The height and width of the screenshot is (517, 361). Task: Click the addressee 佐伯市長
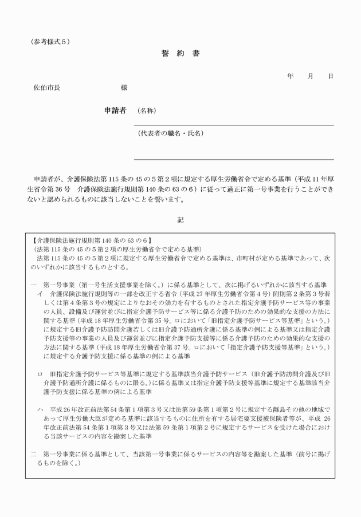tap(46, 88)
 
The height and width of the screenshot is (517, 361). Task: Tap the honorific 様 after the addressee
tap(124, 88)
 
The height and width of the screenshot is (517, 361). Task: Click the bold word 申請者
tap(115, 110)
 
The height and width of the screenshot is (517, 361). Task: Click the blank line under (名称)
tap(234, 125)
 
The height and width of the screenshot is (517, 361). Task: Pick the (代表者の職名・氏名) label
tap(171, 134)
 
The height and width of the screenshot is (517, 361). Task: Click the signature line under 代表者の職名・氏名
tap(234, 159)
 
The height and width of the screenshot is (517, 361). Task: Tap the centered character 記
tap(180, 218)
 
